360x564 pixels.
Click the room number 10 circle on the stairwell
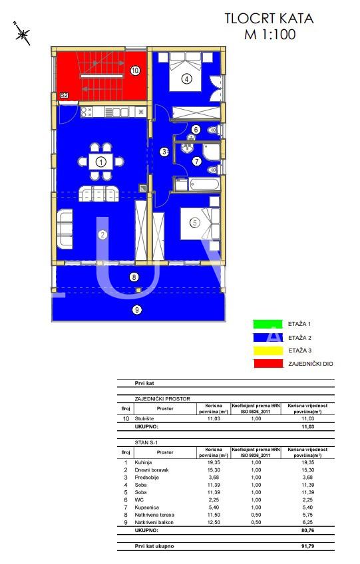134,69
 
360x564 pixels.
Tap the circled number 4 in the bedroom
187,80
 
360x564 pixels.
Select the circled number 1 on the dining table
100,161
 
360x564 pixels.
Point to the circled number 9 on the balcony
137,309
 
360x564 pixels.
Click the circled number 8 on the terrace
134,277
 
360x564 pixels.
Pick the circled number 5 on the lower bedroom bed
194,223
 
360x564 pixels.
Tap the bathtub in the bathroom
201,184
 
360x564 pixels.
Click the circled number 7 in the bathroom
196,160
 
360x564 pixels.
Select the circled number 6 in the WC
196,130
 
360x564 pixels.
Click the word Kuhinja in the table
144,462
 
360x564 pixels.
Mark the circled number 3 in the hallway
164,152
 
